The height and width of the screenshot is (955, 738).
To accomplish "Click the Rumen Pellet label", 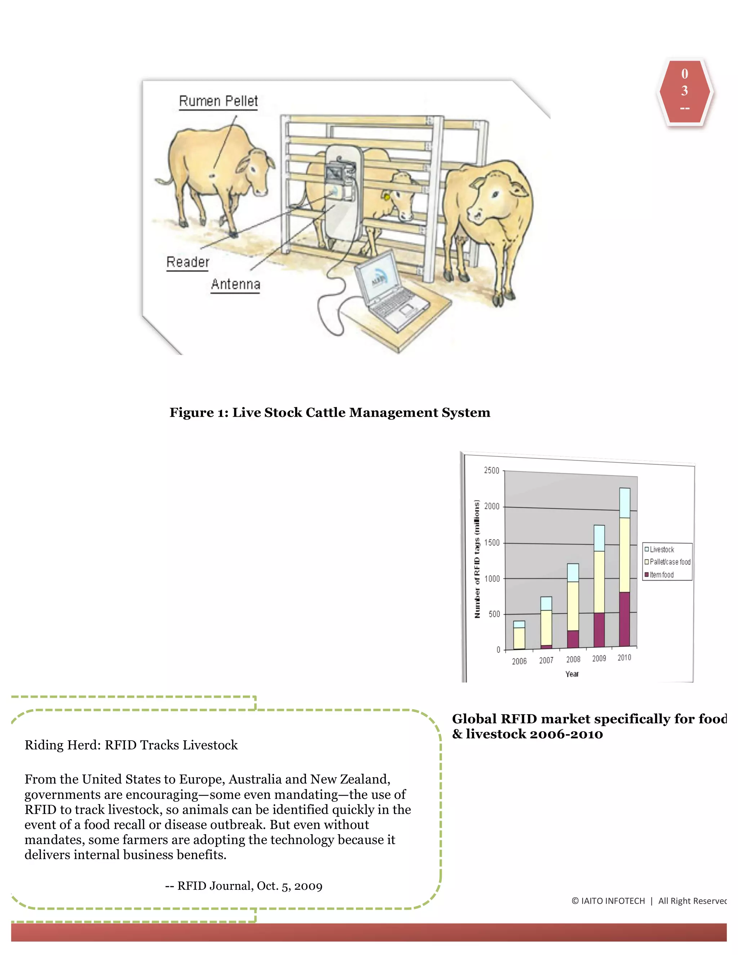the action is (218, 101).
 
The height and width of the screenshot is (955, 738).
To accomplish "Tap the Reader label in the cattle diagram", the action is (187, 262).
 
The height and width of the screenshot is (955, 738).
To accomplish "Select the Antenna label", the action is (235, 284).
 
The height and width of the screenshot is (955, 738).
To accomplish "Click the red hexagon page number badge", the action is (685, 92).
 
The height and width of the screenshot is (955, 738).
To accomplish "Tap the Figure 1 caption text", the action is (330, 412).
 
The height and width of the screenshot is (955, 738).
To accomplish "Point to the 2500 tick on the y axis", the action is (492, 471).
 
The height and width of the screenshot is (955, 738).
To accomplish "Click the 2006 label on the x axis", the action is (519, 661).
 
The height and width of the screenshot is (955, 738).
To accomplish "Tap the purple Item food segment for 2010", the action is (625, 619).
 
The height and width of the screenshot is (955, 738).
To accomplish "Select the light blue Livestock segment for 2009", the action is (599, 538).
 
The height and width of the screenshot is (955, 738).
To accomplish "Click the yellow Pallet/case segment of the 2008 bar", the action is (573, 606).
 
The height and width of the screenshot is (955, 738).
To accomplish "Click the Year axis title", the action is (572, 674).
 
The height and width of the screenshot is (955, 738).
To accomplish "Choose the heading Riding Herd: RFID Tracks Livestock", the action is (131, 745).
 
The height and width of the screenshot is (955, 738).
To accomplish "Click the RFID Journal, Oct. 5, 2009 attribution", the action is (244, 886).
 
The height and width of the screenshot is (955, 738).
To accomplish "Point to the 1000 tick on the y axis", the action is (492, 578).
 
